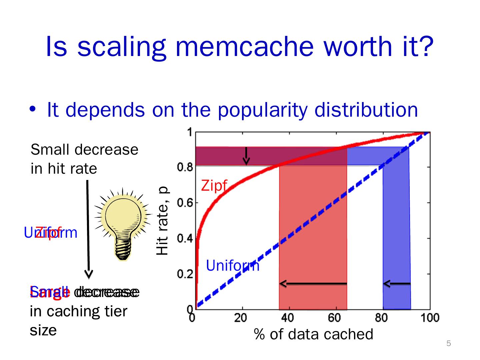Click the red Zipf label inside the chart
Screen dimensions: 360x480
(x=214, y=186)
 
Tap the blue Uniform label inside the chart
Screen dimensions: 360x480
(x=232, y=266)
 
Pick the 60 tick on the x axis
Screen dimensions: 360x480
(x=334, y=318)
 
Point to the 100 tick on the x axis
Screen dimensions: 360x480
(x=429, y=318)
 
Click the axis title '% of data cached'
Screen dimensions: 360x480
(x=313, y=334)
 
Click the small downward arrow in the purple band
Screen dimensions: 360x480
(x=246, y=156)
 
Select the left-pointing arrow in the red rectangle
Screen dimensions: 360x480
(x=313, y=284)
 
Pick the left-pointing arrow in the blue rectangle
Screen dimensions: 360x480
(x=397, y=284)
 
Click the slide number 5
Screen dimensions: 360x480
(x=448, y=344)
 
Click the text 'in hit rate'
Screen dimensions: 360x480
(x=64, y=168)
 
